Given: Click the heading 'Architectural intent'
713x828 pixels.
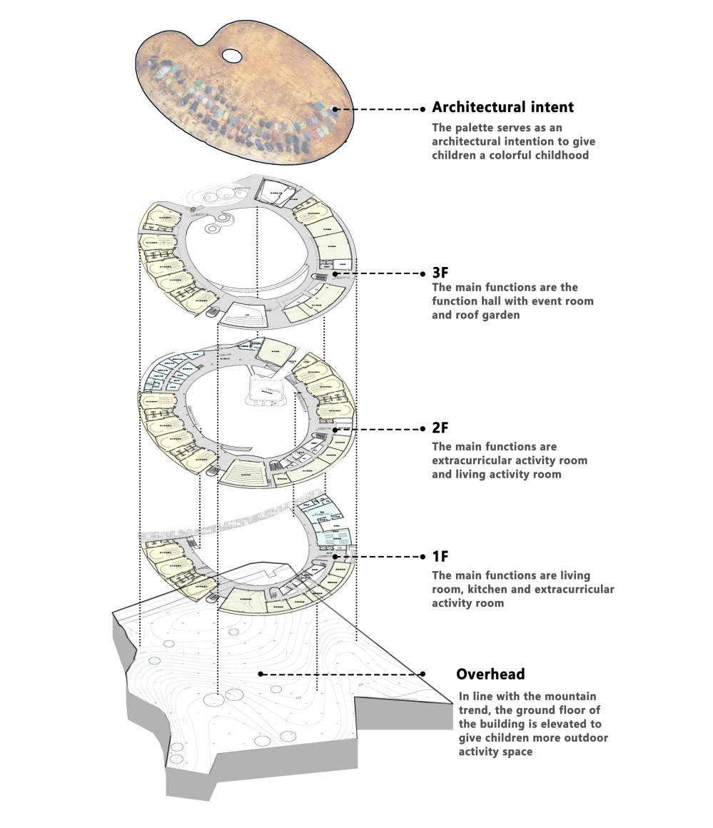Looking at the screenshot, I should point(502,108).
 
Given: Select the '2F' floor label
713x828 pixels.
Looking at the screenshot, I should point(440,428).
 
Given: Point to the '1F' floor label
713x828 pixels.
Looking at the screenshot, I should point(440,556).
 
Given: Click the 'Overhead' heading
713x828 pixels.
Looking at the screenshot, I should point(490,674).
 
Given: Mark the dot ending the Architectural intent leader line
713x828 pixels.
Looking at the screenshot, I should point(423,109).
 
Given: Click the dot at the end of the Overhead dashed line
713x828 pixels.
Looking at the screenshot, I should point(423,674).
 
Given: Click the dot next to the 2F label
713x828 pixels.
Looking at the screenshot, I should point(423,430).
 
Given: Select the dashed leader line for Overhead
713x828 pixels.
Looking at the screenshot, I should point(343,674).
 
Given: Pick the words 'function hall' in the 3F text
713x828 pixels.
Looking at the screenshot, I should point(471,301).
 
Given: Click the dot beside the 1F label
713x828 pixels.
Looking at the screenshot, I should point(423,557).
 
